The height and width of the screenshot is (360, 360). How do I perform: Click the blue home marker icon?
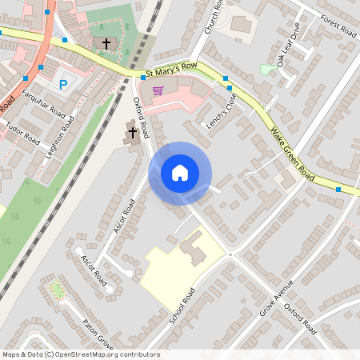[x=180, y=173]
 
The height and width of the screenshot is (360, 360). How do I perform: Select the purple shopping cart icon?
[x=158, y=90]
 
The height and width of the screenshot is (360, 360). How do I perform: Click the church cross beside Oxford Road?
[x=133, y=132]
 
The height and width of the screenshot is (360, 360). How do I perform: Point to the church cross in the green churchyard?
[x=106, y=42]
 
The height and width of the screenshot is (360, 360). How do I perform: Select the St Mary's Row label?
[x=172, y=72]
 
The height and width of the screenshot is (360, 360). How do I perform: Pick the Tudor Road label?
[x=22, y=131]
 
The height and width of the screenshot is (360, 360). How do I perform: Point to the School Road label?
[x=182, y=306]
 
